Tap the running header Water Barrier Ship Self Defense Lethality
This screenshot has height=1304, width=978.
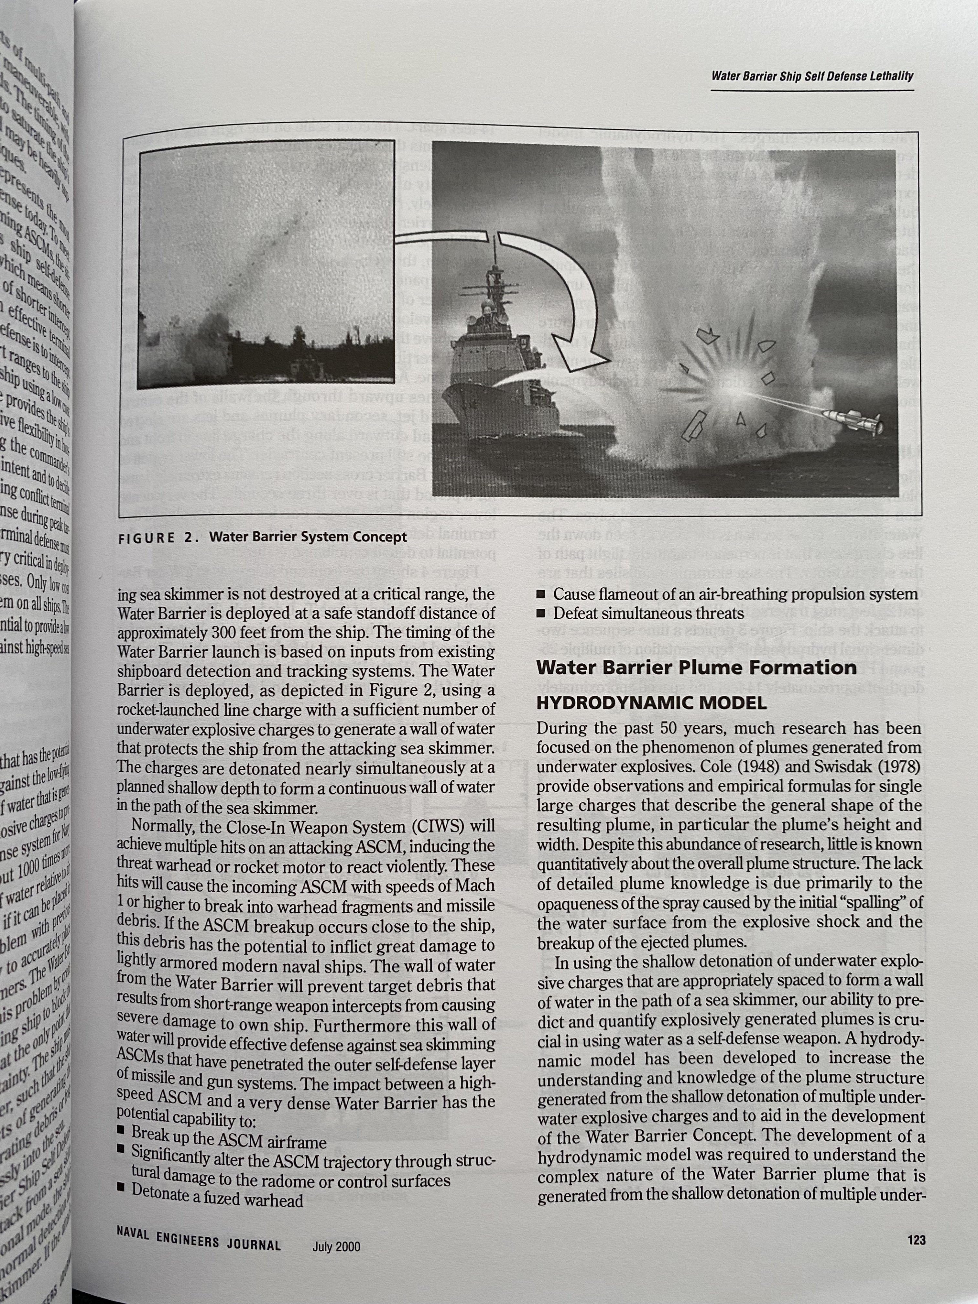(x=812, y=76)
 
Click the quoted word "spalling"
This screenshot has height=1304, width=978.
(x=870, y=903)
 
